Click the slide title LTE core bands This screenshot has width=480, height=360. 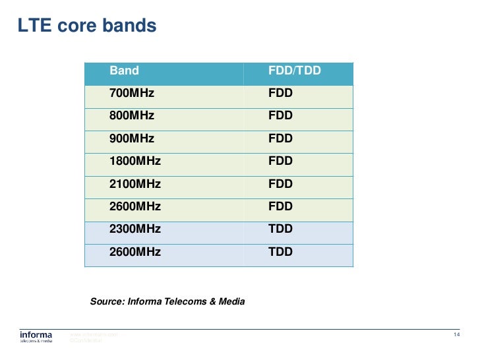86,26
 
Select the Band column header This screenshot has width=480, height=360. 124,71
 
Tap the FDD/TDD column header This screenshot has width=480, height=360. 294,71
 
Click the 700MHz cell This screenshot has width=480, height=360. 131,94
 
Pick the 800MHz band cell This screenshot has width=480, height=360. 131,116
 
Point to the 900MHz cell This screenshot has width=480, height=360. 131,138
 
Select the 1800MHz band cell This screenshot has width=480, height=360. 135,161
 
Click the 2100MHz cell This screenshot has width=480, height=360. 135,184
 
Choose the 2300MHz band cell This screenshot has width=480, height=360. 135,229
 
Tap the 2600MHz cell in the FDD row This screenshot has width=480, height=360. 135,206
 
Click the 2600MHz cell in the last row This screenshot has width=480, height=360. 135,252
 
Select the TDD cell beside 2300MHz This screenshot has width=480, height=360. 280,229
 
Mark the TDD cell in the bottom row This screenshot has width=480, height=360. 280,252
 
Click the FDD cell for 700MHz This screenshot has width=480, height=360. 280,94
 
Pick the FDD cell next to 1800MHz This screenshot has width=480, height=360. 280,161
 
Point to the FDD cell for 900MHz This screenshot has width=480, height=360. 280,138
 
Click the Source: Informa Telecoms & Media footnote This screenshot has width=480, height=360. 167,301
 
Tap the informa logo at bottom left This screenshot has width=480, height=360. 36,337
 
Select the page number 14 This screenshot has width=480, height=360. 456,336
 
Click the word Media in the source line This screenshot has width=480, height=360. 231,301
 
